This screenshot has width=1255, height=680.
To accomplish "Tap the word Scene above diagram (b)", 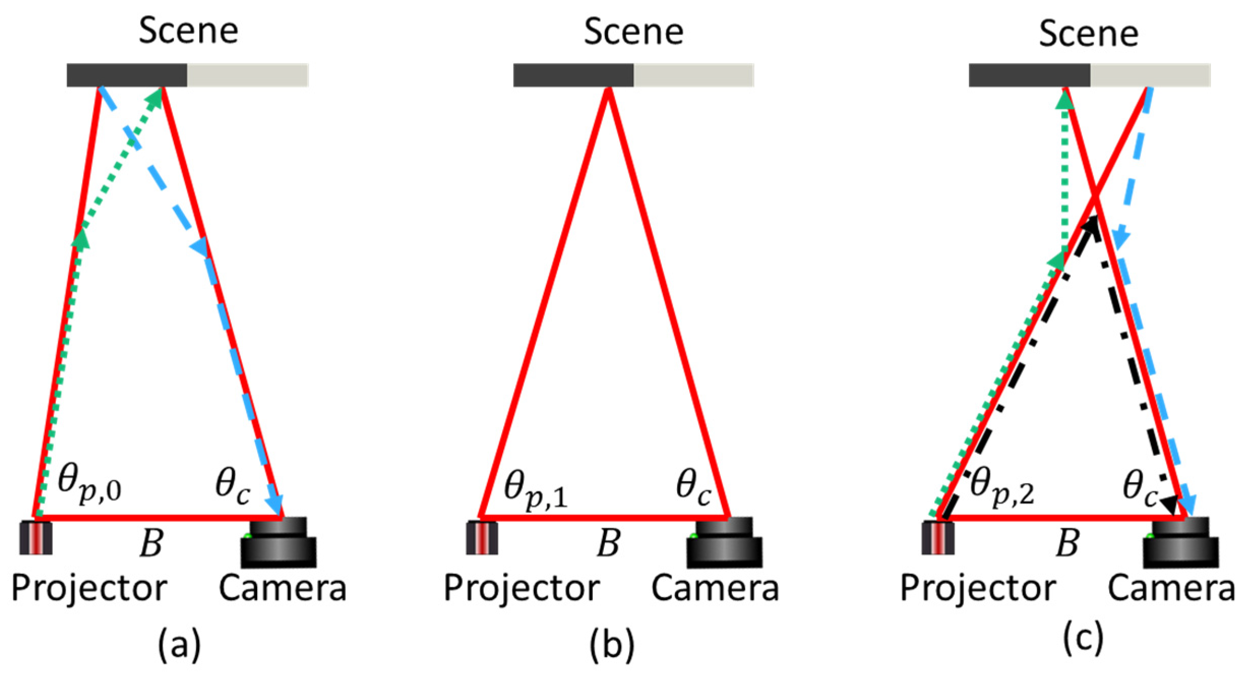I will click(x=633, y=32).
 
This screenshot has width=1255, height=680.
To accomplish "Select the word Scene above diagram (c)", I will click(x=1088, y=34).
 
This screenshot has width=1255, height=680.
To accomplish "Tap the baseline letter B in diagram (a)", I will click(x=151, y=544).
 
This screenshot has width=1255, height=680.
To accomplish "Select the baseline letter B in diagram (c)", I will click(x=1067, y=544).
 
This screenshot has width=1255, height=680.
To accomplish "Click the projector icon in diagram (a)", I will click(x=36, y=538).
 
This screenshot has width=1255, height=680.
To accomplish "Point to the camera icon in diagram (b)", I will click(x=724, y=542).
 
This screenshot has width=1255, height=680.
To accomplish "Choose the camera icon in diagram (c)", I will click(x=1180, y=542).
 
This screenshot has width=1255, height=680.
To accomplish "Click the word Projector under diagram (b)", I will click(x=522, y=589).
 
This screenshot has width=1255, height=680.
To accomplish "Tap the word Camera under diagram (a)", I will click(x=282, y=589).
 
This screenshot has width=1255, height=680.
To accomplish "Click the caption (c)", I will click(x=1083, y=638).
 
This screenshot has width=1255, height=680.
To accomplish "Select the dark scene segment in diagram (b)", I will click(x=573, y=75).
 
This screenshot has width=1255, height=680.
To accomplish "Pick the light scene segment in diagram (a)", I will click(x=248, y=75).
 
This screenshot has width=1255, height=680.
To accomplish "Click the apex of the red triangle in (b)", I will click(x=608, y=90).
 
